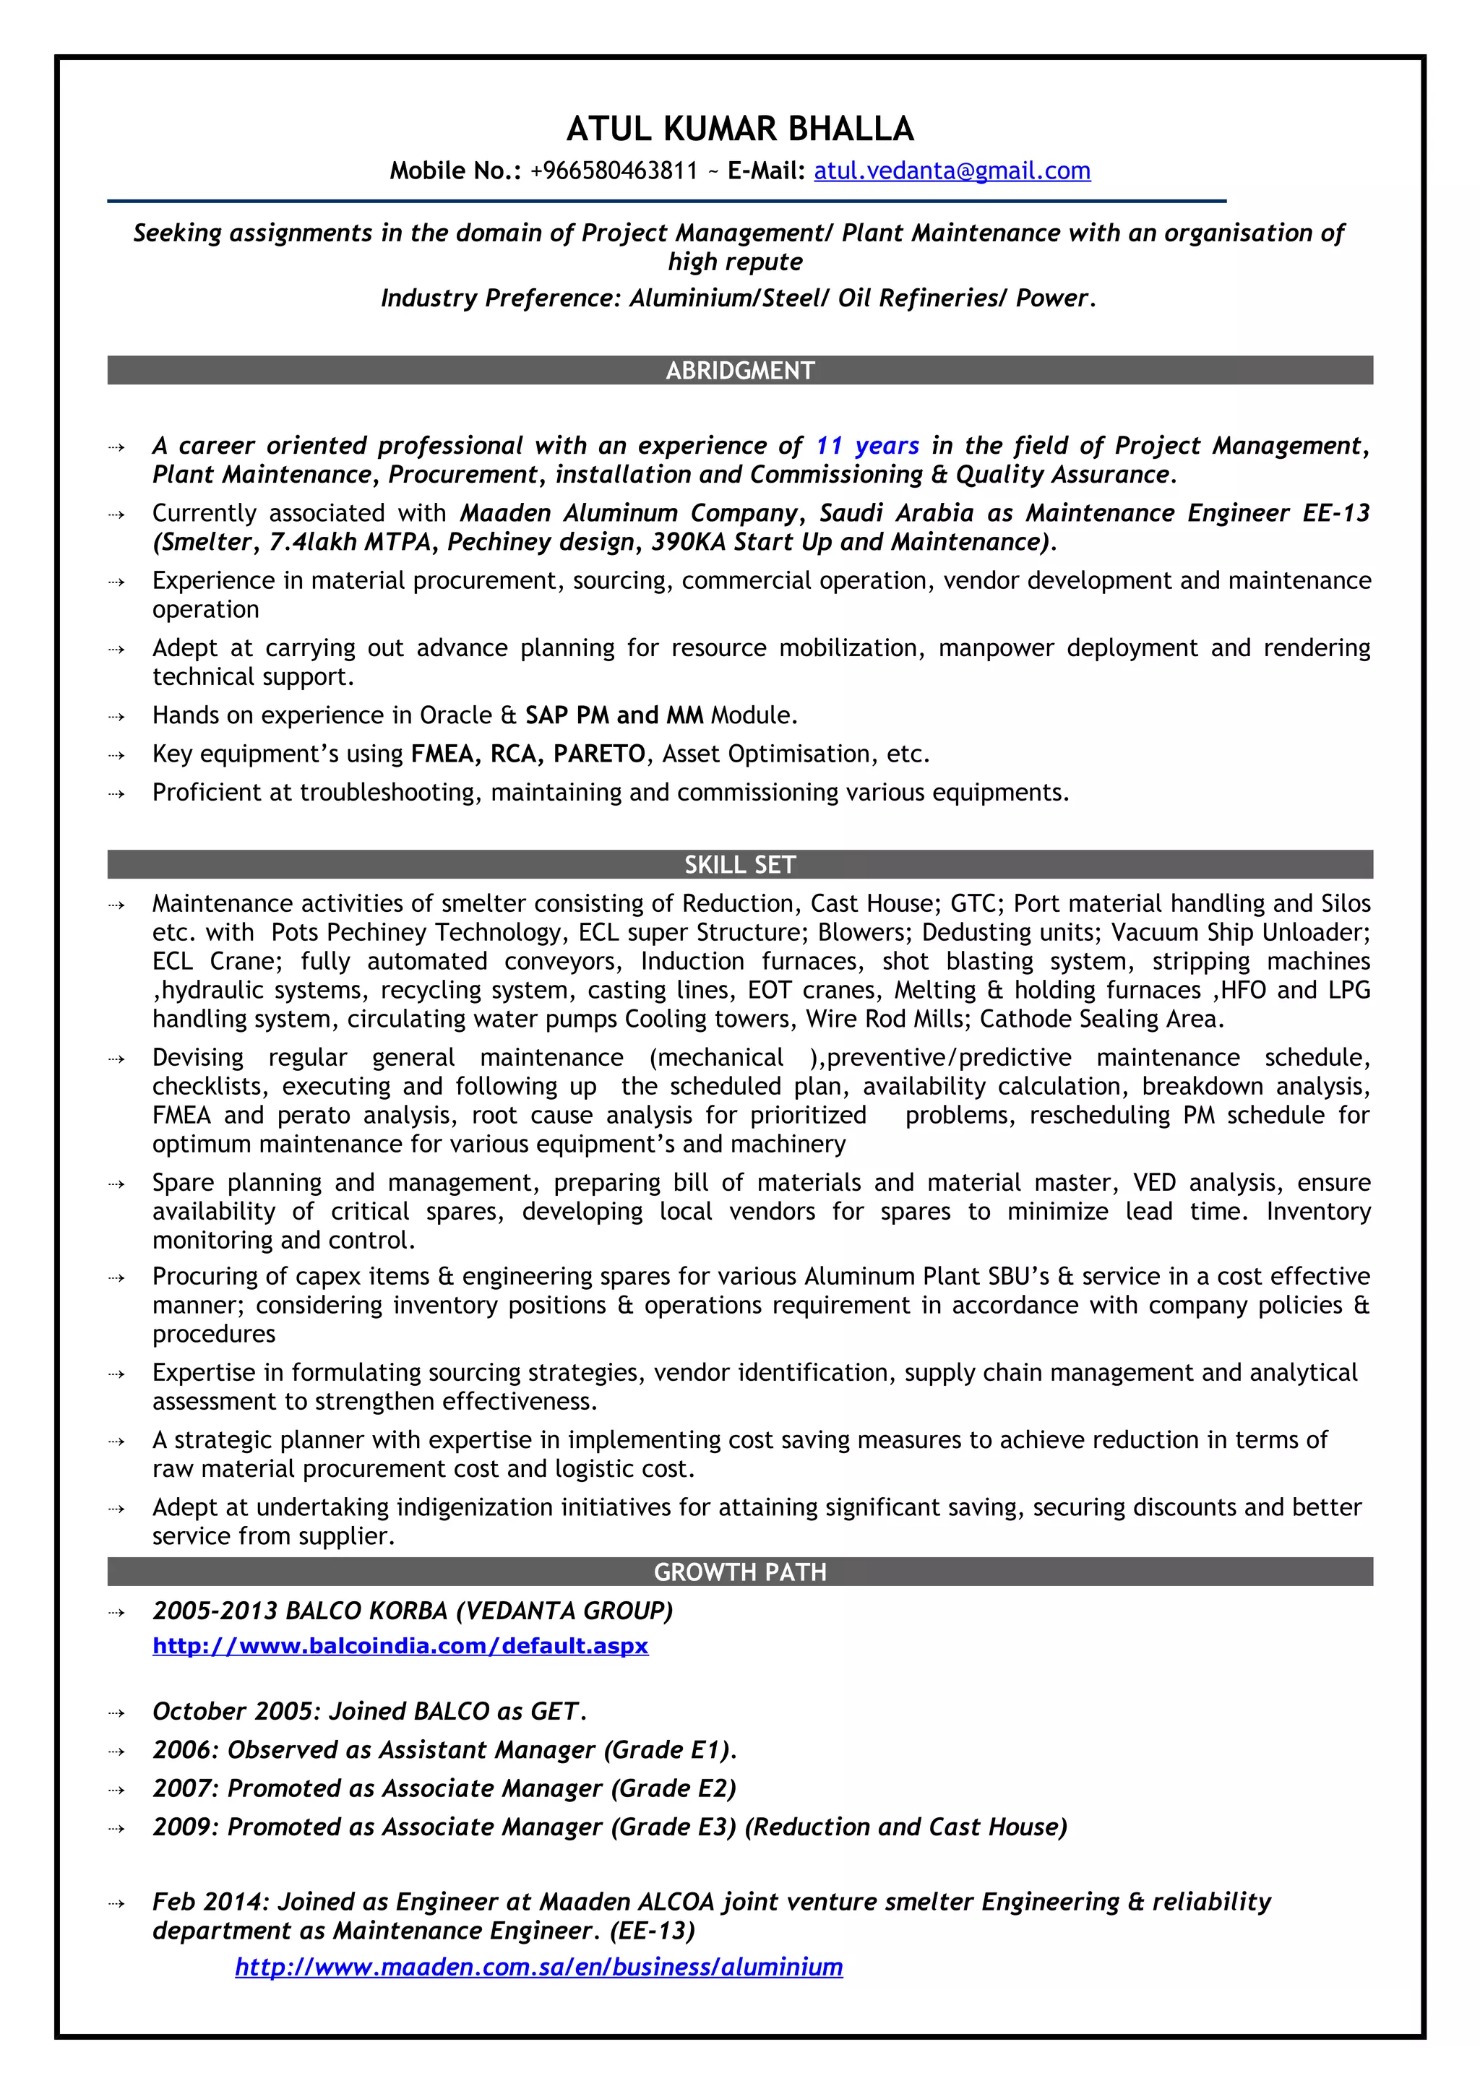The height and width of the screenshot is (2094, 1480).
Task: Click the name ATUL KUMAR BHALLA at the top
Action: click(x=739, y=129)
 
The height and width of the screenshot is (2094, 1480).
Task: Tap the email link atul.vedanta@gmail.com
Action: click(x=951, y=171)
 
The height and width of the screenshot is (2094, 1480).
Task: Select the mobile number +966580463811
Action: click(x=613, y=171)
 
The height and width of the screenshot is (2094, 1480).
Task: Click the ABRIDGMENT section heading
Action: click(x=739, y=370)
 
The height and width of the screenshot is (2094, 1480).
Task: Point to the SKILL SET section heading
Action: click(x=739, y=865)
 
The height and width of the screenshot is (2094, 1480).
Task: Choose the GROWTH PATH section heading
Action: click(x=739, y=1572)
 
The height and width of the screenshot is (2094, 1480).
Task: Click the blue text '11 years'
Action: click(x=866, y=445)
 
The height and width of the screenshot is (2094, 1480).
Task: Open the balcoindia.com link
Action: click(x=400, y=1645)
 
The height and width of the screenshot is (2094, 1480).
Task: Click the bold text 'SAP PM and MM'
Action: click(x=614, y=715)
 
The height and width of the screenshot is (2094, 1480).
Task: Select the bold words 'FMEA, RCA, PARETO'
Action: click(x=528, y=754)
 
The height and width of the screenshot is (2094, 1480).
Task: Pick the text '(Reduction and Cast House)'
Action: click(x=905, y=1826)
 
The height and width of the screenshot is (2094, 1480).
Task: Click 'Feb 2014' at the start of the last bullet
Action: click(x=206, y=1902)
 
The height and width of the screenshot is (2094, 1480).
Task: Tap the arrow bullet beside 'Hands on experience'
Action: click(x=116, y=716)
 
